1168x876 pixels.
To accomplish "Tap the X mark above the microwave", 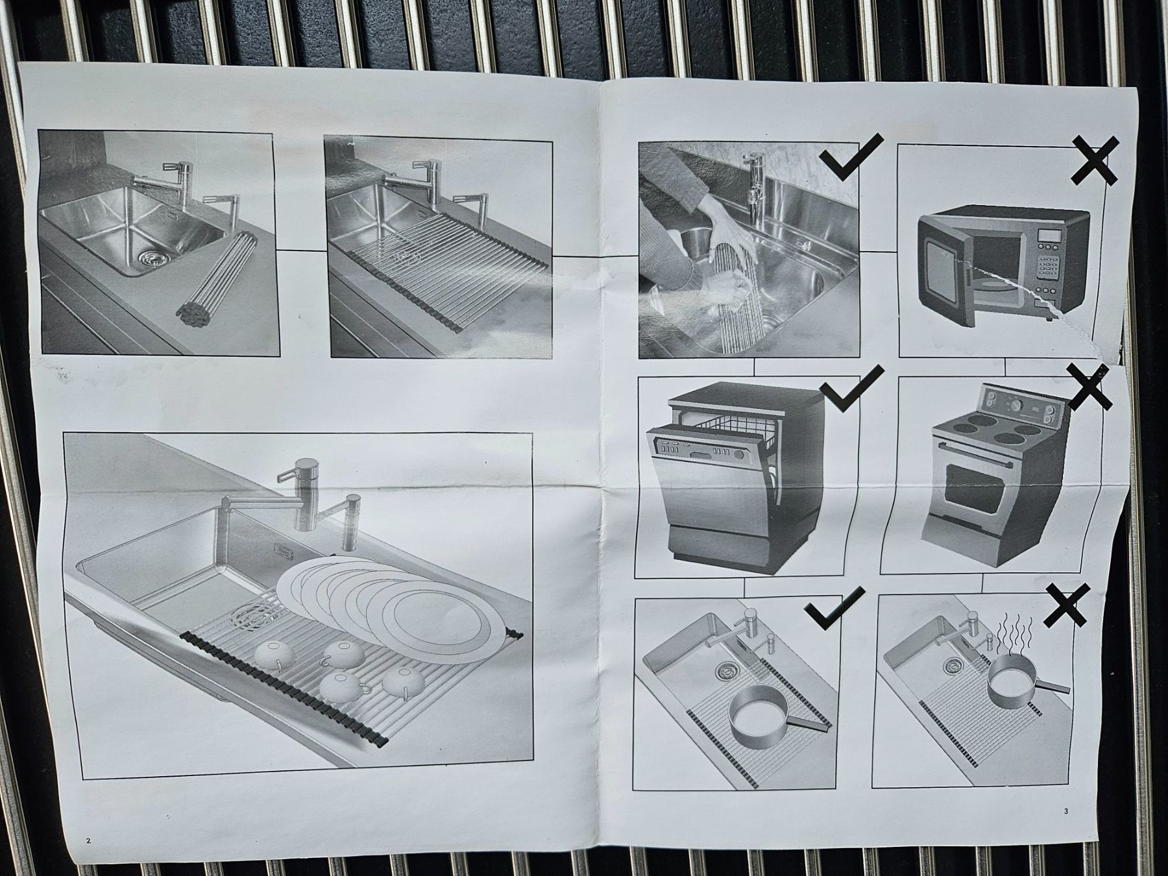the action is click(1095, 160).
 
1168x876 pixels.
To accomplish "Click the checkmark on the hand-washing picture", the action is click(850, 156).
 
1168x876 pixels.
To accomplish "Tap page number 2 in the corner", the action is click(88, 841).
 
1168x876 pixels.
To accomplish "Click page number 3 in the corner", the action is click(1066, 810).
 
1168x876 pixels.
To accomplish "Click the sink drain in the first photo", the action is click(152, 257).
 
